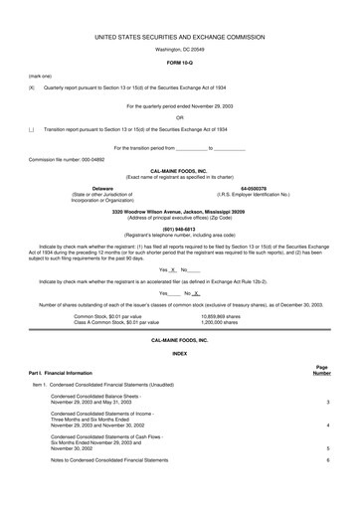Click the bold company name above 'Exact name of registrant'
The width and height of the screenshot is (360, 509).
pos(179,170)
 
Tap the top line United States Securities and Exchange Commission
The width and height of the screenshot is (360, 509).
pos(180,35)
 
